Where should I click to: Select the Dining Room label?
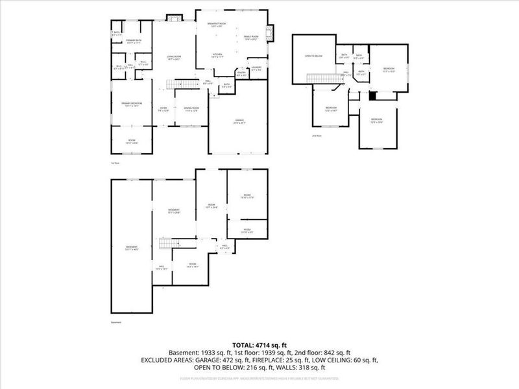(x=191, y=109)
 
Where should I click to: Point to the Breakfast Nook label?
(x=215, y=25)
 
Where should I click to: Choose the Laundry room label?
(x=256, y=67)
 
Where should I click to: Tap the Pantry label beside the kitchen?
(x=241, y=74)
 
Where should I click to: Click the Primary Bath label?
(x=134, y=42)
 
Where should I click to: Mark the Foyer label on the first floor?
(x=163, y=109)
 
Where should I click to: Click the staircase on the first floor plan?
(x=182, y=85)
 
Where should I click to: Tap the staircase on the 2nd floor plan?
(x=323, y=79)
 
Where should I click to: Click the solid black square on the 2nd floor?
(x=372, y=95)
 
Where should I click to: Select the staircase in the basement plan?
(x=166, y=243)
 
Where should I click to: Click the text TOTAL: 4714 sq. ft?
(x=259, y=344)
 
